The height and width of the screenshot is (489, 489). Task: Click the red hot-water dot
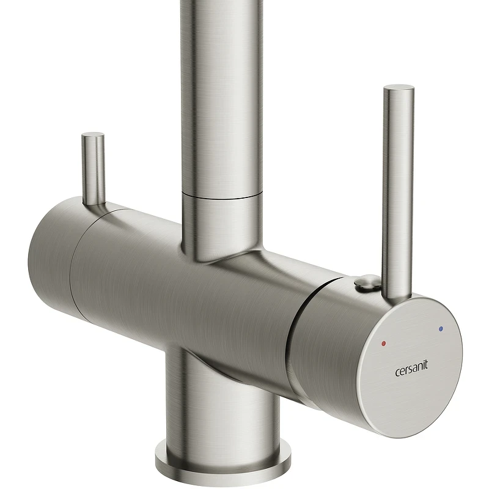point(384,344)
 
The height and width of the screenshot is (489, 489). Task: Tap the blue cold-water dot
point(440,329)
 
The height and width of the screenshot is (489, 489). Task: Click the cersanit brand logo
point(411,369)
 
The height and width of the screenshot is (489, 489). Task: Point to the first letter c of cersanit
point(397,372)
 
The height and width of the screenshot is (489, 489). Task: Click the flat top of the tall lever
point(399,89)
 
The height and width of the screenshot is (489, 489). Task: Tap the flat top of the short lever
point(93,135)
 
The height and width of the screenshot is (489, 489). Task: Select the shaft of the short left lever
point(93,170)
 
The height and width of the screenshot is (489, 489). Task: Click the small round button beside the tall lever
point(366,282)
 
